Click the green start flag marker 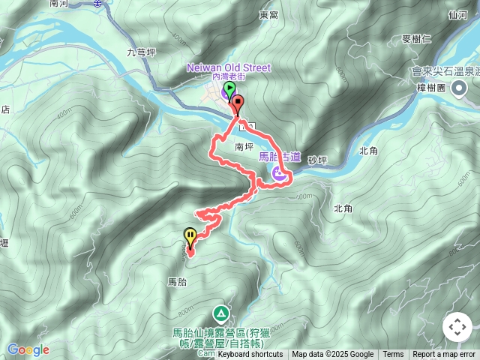pyautogui.click(x=227, y=91)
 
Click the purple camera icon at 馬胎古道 pyautogui.click(x=278, y=174)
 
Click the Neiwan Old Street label pyautogui.click(x=229, y=68)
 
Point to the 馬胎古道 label pyautogui.click(x=279, y=157)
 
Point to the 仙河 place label pyautogui.click(x=457, y=14)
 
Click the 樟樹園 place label pyautogui.click(x=430, y=88)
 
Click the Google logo pyautogui.click(x=28, y=349)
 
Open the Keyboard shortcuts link pyautogui.click(x=250, y=355)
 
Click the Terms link pyautogui.click(x=393, y=355)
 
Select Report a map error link pyautogui.click(x=444, y=355)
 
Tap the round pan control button pyautogui.click(x=457, y=327)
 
